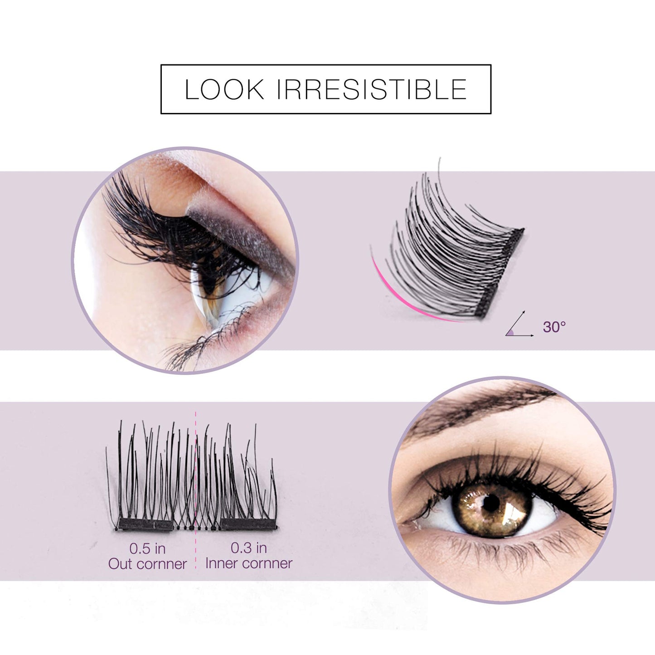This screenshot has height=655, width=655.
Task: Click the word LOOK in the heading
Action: pyautogui.click(x=224, y=89)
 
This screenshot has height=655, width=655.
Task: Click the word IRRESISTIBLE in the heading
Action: pyautogui.click(x=371, y=89)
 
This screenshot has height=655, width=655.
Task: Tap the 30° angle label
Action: pyautogui.click(x=554, y=326)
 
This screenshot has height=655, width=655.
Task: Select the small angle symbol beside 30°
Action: pyautogui.click(x=519, y=326)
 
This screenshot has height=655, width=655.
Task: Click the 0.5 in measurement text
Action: pyautogui.click(x=147, y=548)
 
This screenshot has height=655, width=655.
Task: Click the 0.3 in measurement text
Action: pyautogui.click(x=248, y=548)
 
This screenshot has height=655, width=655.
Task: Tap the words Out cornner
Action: pyautogui.click(x=147, y=564)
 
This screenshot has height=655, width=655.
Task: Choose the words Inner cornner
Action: pyautogui.click(x=248, y=563)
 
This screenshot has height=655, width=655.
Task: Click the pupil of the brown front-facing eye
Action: pyautogui.click(x=491, y=502)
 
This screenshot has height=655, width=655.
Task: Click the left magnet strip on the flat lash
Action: pyautogui.click(x=145, y=525)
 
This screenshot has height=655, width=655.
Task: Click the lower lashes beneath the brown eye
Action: pyautogui.click(x=499, y=551)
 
